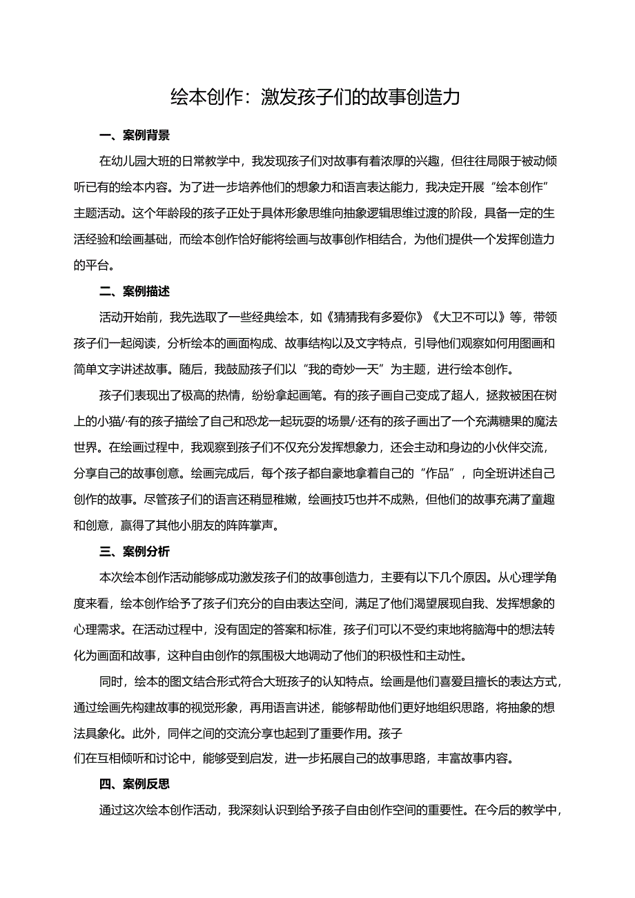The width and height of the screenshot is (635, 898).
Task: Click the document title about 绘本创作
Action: coord(315,97)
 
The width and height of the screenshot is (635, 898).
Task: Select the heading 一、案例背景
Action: coord(135,135)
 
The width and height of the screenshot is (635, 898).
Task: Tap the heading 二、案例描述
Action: coord(135,291)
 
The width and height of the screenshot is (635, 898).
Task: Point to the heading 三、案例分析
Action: coord(135,552)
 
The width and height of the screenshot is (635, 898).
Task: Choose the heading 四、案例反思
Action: coord(135,785)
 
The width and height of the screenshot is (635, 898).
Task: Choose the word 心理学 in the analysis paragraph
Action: coord(517,578)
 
